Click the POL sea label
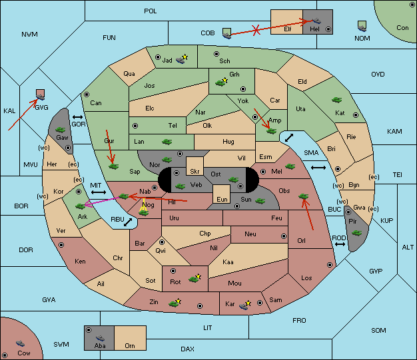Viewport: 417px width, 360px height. click(x=151, y=11)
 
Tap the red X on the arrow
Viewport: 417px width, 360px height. click(x=256, y=30)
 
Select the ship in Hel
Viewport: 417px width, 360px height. click(x=316, y=21)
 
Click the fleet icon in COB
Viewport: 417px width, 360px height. click(x=226, y=33)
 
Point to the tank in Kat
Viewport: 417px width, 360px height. click(x=336, y=100)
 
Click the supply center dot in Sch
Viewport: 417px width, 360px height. click(x=216, y=54)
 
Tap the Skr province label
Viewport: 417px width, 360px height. click(x=195, y=172)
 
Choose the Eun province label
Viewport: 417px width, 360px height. click(x=222, y=199)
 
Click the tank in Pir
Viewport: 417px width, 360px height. click(x=356, y=233)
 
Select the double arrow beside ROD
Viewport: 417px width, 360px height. click(x=340, y=244)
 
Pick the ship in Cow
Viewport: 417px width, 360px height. click(x=20, y=343)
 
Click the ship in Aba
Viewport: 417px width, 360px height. click(x=100, y=338)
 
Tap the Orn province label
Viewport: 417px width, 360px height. click(x=130, y=345)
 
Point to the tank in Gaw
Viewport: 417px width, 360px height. click(x=61, y=130)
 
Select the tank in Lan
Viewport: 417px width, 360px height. click(x=167, y=142)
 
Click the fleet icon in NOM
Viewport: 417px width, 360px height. click(x=362, y=27)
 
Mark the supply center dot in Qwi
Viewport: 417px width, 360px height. click(x=162, y=242)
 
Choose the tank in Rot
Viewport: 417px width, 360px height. click(x=195, y=278)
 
